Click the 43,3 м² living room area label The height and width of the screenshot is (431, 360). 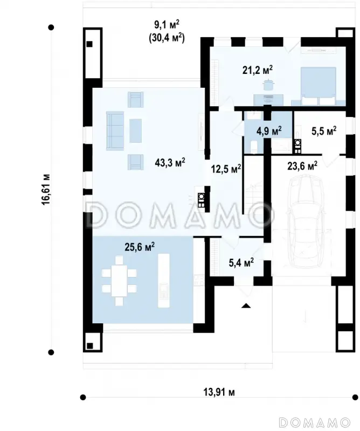pos(170,163)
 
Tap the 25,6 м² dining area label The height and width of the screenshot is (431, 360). pos(140,247)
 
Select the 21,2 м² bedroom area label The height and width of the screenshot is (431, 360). pos(258,70)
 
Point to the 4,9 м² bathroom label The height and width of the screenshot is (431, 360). pos(269,130)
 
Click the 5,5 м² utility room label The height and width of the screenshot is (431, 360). pos(324,131)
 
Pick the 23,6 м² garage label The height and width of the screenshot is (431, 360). pos(302,166)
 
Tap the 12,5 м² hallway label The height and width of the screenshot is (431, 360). pos(226,169)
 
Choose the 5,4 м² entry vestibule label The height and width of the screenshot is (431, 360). pos(241,262)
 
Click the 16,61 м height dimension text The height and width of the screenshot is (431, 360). pos(46,189)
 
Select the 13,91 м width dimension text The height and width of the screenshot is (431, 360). pos(219,392)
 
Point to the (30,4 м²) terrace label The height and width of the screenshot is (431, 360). pos(167,38)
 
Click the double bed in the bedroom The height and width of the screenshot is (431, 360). pos(319,86)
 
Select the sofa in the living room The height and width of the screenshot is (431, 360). pos(115,130)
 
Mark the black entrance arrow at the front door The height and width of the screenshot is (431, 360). pos(246,305)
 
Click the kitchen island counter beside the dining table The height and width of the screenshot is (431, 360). pos(163,281)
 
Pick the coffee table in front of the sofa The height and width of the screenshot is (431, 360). pos(136,130)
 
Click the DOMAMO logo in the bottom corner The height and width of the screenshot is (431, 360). pos(314,422)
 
